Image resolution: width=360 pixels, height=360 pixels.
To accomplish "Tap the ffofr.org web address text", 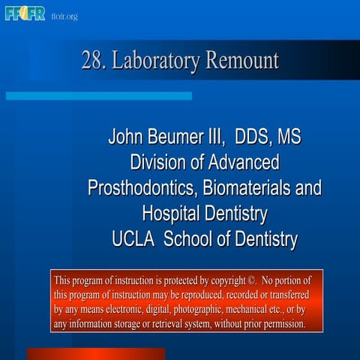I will (64, 16).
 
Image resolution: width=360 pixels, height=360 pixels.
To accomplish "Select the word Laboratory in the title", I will (154, 61).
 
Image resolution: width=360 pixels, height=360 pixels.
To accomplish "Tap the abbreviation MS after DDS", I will (289, 138).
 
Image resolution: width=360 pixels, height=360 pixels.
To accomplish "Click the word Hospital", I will (169, 214).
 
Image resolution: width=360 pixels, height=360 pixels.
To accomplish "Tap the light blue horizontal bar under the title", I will (97, 96).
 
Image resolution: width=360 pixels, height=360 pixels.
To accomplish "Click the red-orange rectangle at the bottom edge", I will (95, 353).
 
